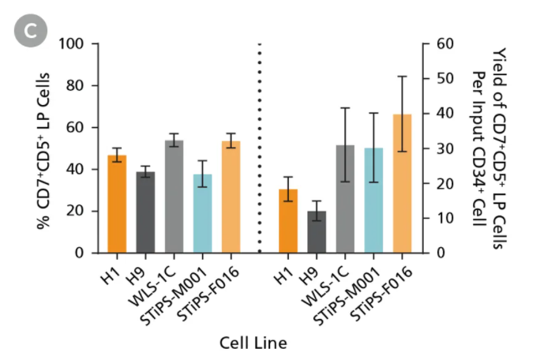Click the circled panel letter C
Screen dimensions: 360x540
(33, 32)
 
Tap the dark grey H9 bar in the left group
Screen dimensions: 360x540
(145, 212)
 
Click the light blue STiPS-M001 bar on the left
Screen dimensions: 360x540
(203, 213)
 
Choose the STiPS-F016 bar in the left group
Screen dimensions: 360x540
(231, 197)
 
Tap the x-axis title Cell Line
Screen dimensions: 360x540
(253, 343)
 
